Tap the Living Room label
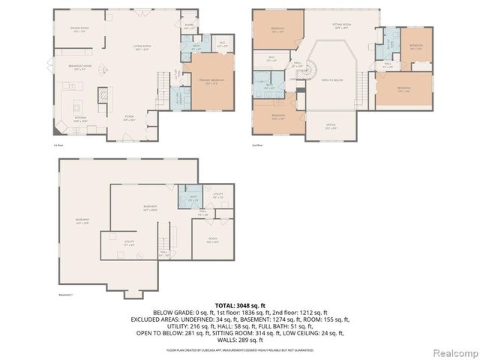(143, 47)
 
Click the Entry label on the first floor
(188, 27)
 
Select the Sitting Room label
(342, 25)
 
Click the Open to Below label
(332, 79)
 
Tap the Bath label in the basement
(193, 197)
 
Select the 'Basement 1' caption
(66, 295)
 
